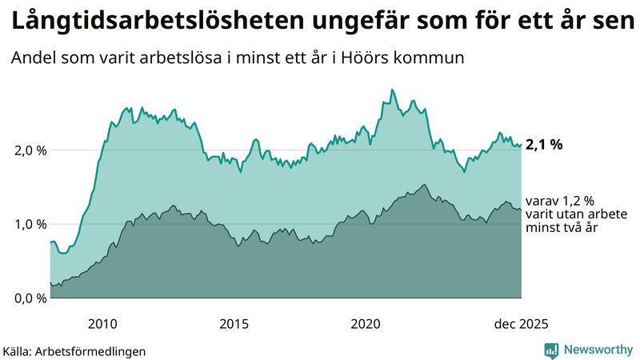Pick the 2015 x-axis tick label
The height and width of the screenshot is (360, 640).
click(x=234, y=324)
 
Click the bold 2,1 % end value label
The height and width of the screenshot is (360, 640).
click(x=544, y=145)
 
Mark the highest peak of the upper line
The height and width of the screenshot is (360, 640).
click(x=392, y=90)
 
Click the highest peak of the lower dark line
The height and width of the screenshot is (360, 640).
click(x=425, y=186)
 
